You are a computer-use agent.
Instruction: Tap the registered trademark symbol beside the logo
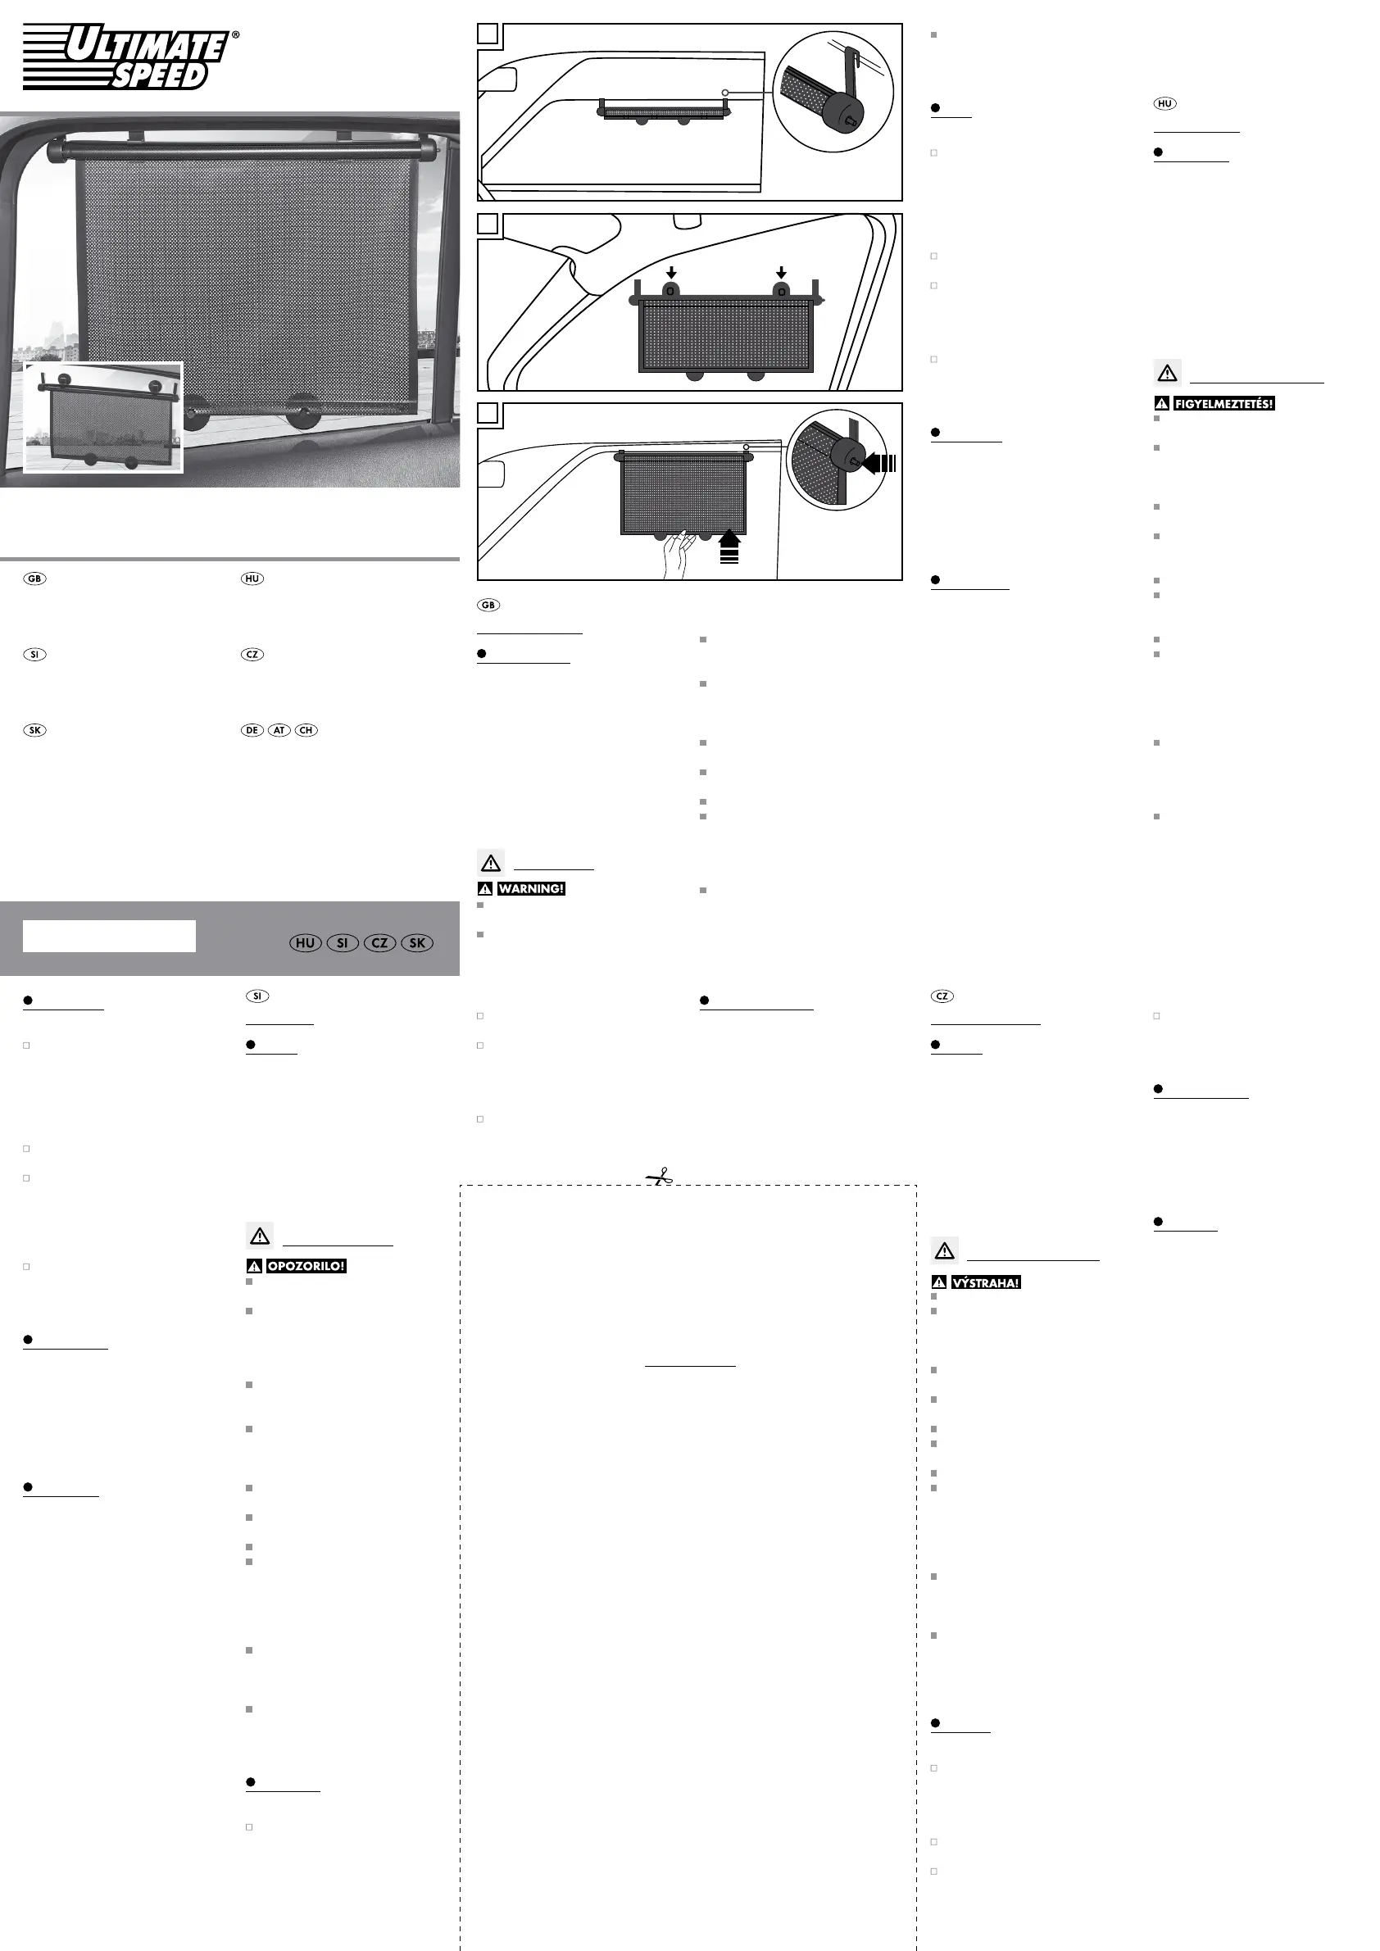click(235, 36)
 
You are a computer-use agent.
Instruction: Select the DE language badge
click(252, 730)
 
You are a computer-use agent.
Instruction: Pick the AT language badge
click(279, 730)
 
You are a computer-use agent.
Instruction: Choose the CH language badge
click(306, 730)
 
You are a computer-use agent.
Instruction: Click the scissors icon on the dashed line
click(660, 1177)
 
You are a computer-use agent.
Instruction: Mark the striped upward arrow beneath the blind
click(729, 547)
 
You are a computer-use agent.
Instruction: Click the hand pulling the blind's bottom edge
click(677, 554)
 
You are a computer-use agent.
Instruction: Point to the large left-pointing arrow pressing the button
click(878, 464)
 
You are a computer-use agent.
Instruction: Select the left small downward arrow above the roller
click(671, 273)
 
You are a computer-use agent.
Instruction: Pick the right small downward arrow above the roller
click(781, 273)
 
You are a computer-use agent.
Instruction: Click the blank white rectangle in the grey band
click(109, 936)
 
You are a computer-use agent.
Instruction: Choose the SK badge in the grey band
click(416, 943)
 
